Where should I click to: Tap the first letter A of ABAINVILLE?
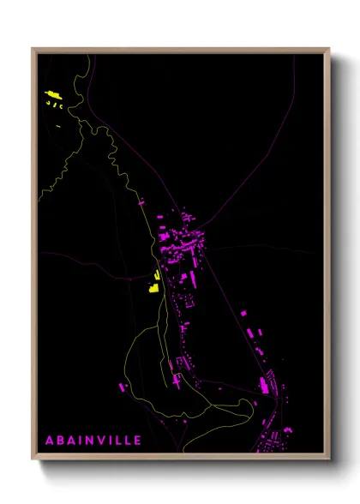(x=50, y=441)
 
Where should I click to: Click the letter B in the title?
(x=62, y=441)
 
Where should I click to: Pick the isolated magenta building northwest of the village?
(x=141, y=203)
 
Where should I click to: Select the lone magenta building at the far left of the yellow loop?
(x=123, y=387)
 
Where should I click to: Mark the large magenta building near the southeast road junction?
(x=264, y=385)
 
